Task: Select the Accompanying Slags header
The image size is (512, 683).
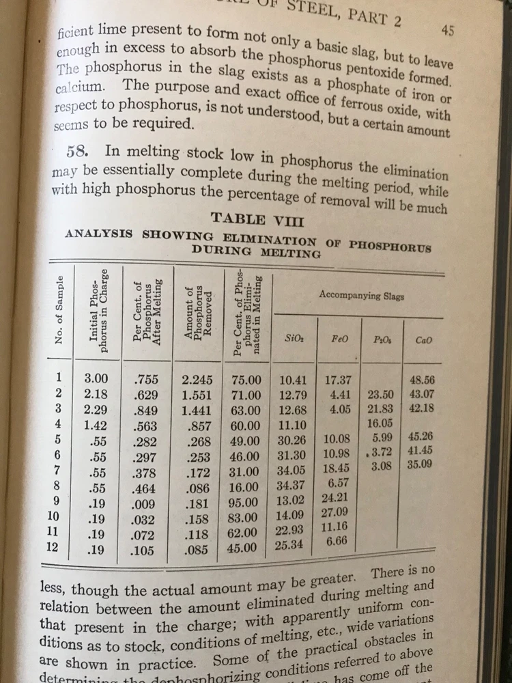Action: (361, 296)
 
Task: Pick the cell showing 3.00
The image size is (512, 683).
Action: (96, 378)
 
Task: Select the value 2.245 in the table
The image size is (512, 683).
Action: (197, 379)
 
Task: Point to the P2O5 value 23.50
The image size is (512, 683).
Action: (381, 395)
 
